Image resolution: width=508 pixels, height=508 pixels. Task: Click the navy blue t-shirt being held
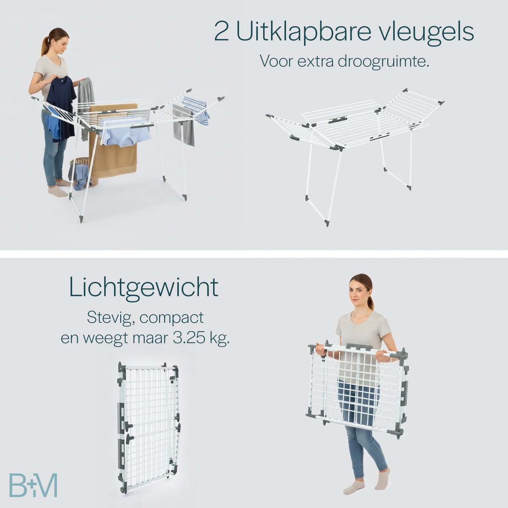(61, 108)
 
